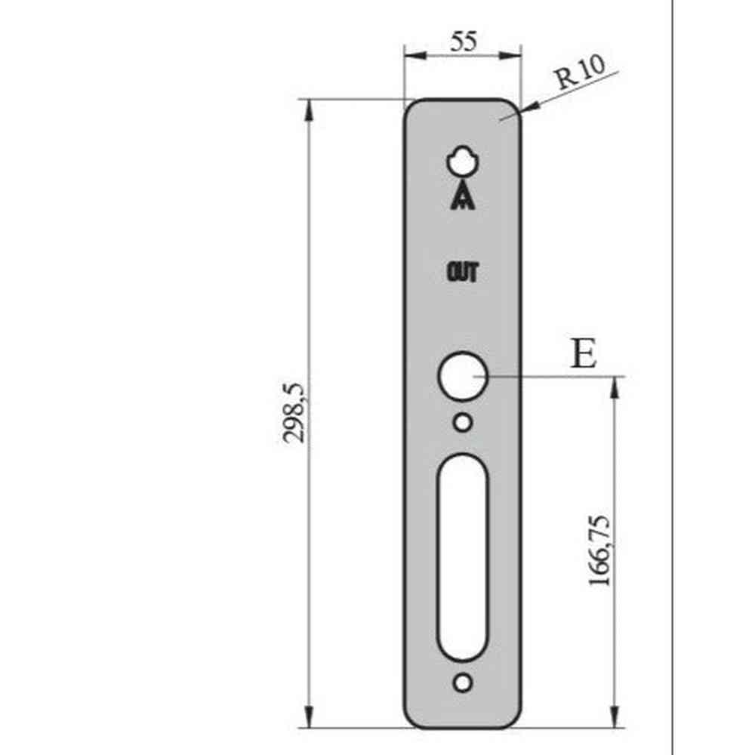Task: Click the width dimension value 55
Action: click(x=463, y=41)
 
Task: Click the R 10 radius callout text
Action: click(x=579, y=75)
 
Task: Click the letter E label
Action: click(x=582, y=354)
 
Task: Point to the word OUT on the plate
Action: click(x=462, y=273)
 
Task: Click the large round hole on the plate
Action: click(x=463, y=376)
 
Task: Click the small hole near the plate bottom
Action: click(x=463, y=683)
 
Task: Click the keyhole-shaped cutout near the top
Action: click(x=462, y=161)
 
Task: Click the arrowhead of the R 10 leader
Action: click(x=525, y=109)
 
